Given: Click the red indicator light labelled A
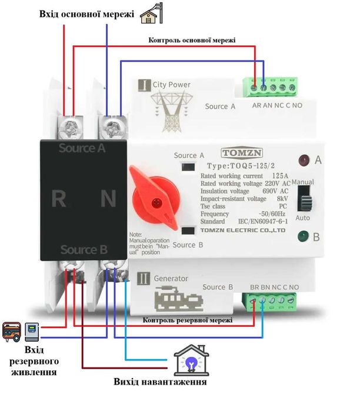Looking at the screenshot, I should point(303,160).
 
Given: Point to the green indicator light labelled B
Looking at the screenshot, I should point(303,237).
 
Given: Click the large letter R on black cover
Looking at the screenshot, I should point(58,199).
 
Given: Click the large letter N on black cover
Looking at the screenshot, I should point(108,199).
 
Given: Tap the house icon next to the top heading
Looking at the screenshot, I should point(152,14).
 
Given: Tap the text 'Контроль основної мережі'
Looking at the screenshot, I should point(192,40).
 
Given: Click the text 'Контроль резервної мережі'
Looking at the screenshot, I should point(187,320).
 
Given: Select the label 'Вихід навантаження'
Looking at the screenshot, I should point(160,382).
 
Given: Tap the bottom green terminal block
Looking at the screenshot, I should point(271,302).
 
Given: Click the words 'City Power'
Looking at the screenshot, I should point(171,85).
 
